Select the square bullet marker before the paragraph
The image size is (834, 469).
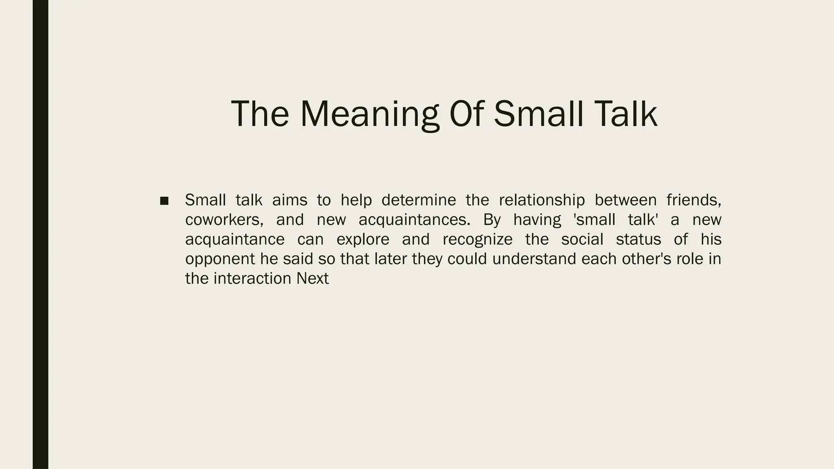coord(164,201)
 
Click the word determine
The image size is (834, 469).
coord(419,200)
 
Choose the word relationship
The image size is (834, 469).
coord(542,200)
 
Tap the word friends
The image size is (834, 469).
coord(694,200)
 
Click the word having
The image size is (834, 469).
coord(537,220)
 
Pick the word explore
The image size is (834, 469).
coord(363,239)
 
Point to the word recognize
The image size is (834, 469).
coord(477,239)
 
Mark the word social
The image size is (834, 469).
coord(582,239)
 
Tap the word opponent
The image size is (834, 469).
coord(220,259)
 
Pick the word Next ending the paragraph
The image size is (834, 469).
coord(312,278)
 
